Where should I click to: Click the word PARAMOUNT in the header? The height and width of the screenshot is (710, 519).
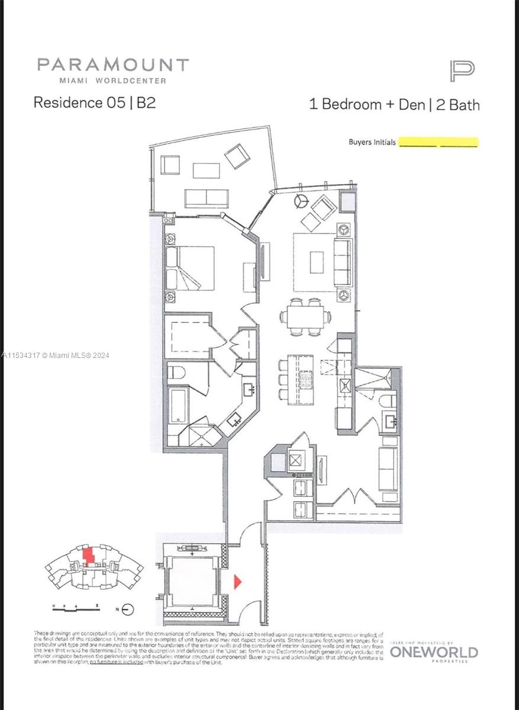point(113,65)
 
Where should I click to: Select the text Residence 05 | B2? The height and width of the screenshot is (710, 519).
point(95,102)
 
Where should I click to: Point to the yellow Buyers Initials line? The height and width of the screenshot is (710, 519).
point(438,143)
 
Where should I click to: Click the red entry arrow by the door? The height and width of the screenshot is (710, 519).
point(238,582)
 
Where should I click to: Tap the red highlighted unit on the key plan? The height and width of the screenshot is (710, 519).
point(89,557)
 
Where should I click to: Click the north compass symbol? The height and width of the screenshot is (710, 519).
point(128,609)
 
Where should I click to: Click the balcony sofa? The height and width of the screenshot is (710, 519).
point(207,198)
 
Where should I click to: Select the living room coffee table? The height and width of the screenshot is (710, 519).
point(317,262)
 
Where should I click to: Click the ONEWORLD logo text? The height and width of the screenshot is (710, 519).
point(434,653)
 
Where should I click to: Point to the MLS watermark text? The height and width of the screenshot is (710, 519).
point(56,355)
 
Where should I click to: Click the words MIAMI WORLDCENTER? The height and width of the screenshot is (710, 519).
point(112,80)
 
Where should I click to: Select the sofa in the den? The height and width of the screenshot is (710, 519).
point(388,468)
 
